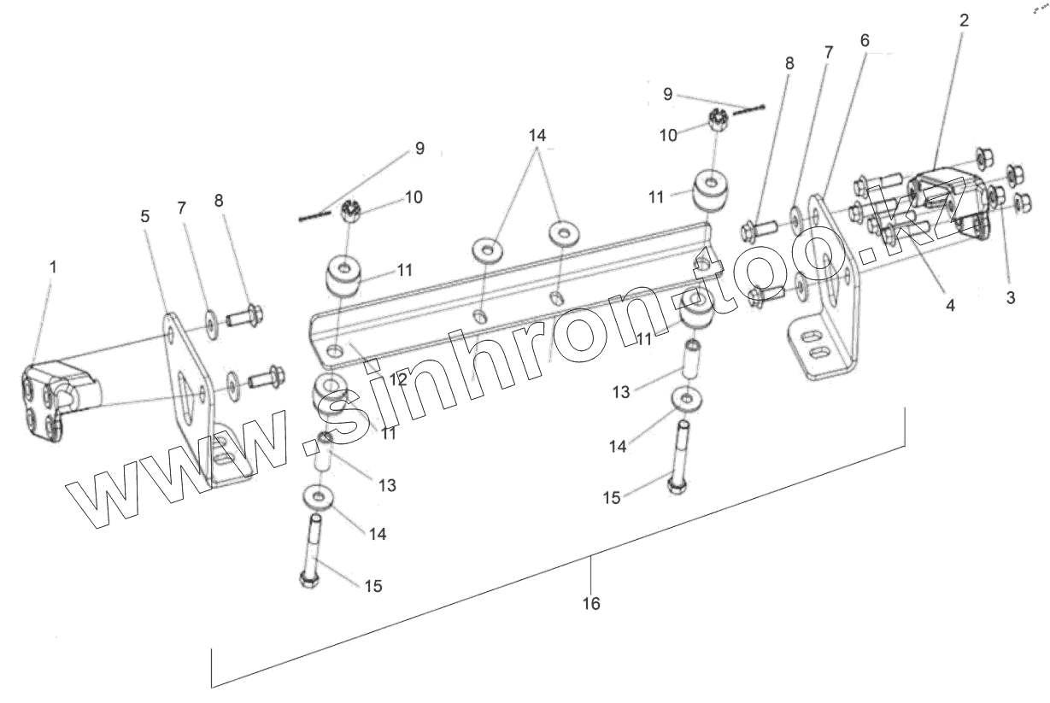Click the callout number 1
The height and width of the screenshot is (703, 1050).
tap(53, 267)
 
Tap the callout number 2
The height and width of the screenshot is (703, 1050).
tap(964, 21)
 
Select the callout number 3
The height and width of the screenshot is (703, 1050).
tap(1010, 299)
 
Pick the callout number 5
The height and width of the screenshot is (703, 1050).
tap(145, 217)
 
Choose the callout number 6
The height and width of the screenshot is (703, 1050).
tap(865, 41)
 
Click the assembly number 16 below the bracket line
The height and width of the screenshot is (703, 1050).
tap(591, 604)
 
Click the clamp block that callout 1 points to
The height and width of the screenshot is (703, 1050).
tap(56, 400)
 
